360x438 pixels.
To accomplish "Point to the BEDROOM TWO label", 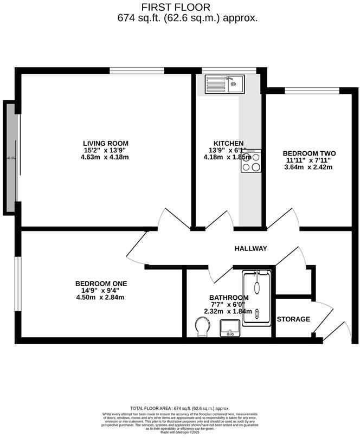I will click(308, 153).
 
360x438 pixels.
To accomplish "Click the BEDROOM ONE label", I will click(101, 284).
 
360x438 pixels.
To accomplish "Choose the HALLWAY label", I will click(250, 249).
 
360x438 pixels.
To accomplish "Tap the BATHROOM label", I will click(229, 298).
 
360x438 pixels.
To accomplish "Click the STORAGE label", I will click(293, 319).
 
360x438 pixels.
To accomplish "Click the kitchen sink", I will click(225, 83).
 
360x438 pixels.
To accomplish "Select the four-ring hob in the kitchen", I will click(251, 161).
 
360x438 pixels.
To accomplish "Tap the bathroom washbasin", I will click(229, 327).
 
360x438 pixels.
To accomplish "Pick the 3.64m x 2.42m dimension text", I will click(308, 167).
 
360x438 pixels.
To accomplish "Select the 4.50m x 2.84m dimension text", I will click(101, 298).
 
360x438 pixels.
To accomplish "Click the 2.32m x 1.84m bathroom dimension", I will click(229, 312).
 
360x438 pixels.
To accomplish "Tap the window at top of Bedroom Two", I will click(312, 90).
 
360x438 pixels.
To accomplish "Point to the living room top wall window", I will click(137, 70).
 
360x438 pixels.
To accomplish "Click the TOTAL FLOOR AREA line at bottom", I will click(180, 408).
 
